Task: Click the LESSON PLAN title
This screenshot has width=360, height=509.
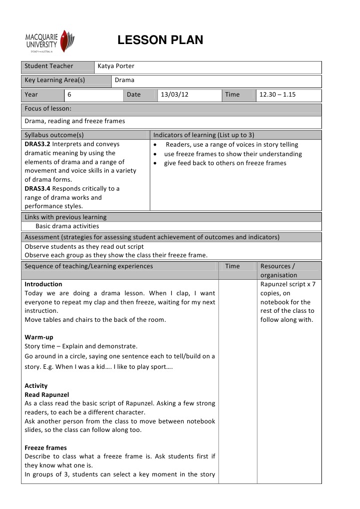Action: point(160,41)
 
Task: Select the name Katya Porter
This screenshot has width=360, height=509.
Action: point(116,66)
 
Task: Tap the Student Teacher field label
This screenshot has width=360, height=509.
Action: point(49,66)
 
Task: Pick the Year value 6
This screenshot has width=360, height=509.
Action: point(70,95)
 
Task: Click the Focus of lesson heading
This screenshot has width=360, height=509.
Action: point(48,109)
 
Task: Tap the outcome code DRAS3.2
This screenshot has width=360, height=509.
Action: point(38,144)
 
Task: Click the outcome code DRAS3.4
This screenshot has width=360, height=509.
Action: point(38,189)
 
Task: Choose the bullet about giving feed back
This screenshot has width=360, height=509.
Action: point(225,163)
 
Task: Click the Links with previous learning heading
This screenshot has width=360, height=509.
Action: point(66,217)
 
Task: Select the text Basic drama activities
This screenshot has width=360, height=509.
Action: point(67,226)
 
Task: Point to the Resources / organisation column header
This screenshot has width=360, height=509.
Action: point(279,271)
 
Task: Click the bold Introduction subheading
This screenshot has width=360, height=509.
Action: point(44,284)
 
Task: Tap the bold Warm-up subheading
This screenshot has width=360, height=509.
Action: point(39,337)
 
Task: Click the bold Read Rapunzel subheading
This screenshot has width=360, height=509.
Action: point(47,395)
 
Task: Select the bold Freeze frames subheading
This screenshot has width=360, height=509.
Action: point(46,448)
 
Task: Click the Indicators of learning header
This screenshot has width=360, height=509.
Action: point(204,135)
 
